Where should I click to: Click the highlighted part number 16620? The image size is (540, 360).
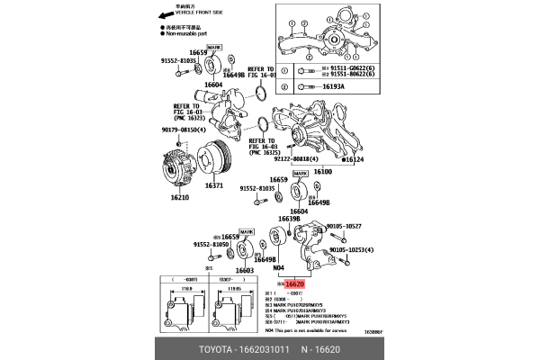(296, 283)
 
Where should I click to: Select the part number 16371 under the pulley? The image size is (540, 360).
(213, 185)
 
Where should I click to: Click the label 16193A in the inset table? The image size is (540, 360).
(336, 88)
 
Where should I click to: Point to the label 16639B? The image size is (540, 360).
(289, 219)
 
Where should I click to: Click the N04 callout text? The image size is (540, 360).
(278, 267)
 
